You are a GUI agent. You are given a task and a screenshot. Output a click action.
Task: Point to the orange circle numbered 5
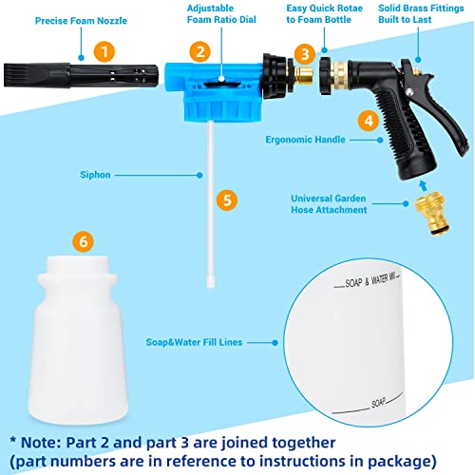225,200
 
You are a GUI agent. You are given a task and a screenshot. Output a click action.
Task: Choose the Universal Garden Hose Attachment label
349,203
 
